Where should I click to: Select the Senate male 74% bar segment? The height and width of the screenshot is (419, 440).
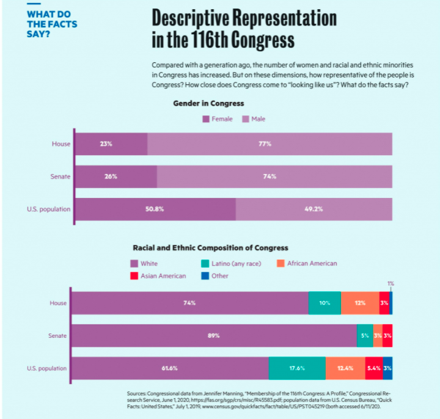[x=274, y=177]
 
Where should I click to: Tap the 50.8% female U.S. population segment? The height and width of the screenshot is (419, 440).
[x=155, y=209]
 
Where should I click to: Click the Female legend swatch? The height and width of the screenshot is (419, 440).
[x=207, y=118]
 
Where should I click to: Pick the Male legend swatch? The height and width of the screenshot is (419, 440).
[x=246, y=118]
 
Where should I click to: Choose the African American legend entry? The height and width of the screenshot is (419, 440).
[x=307, y=263]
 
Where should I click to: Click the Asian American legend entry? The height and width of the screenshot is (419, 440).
[x=158, y=276]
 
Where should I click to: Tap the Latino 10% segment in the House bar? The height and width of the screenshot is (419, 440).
[x=324, y=303]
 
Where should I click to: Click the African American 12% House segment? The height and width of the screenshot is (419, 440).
[x=360, y=303]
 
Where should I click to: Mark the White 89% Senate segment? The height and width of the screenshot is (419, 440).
[x=214, y=335]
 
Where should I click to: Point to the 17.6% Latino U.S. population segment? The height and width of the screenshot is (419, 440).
[x=297, y=368]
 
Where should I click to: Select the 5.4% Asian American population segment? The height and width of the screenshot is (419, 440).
[x=374, y=368]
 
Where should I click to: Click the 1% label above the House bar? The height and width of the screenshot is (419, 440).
[x=391, y=284]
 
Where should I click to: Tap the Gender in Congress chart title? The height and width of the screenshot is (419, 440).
[x=208, y=104]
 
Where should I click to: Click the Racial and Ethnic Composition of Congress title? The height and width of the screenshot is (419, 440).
[x=210, y=248]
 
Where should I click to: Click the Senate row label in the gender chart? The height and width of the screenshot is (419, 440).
[x=60, y=177]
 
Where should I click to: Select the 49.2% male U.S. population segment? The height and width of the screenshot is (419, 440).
[x=313, y=209]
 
